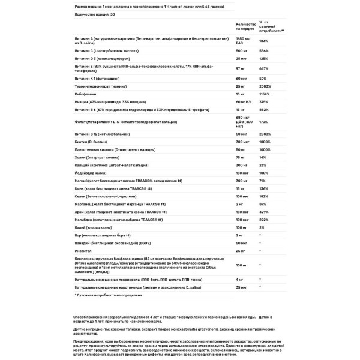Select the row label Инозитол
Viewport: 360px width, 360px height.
point(85,250)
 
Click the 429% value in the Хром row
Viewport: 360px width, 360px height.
point(263,212)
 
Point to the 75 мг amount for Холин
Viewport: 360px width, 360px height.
point(226,156)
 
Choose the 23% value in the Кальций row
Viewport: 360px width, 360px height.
point(262,164)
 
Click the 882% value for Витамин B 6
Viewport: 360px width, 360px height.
point(263,110)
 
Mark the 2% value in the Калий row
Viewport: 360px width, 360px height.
point(261,227)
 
